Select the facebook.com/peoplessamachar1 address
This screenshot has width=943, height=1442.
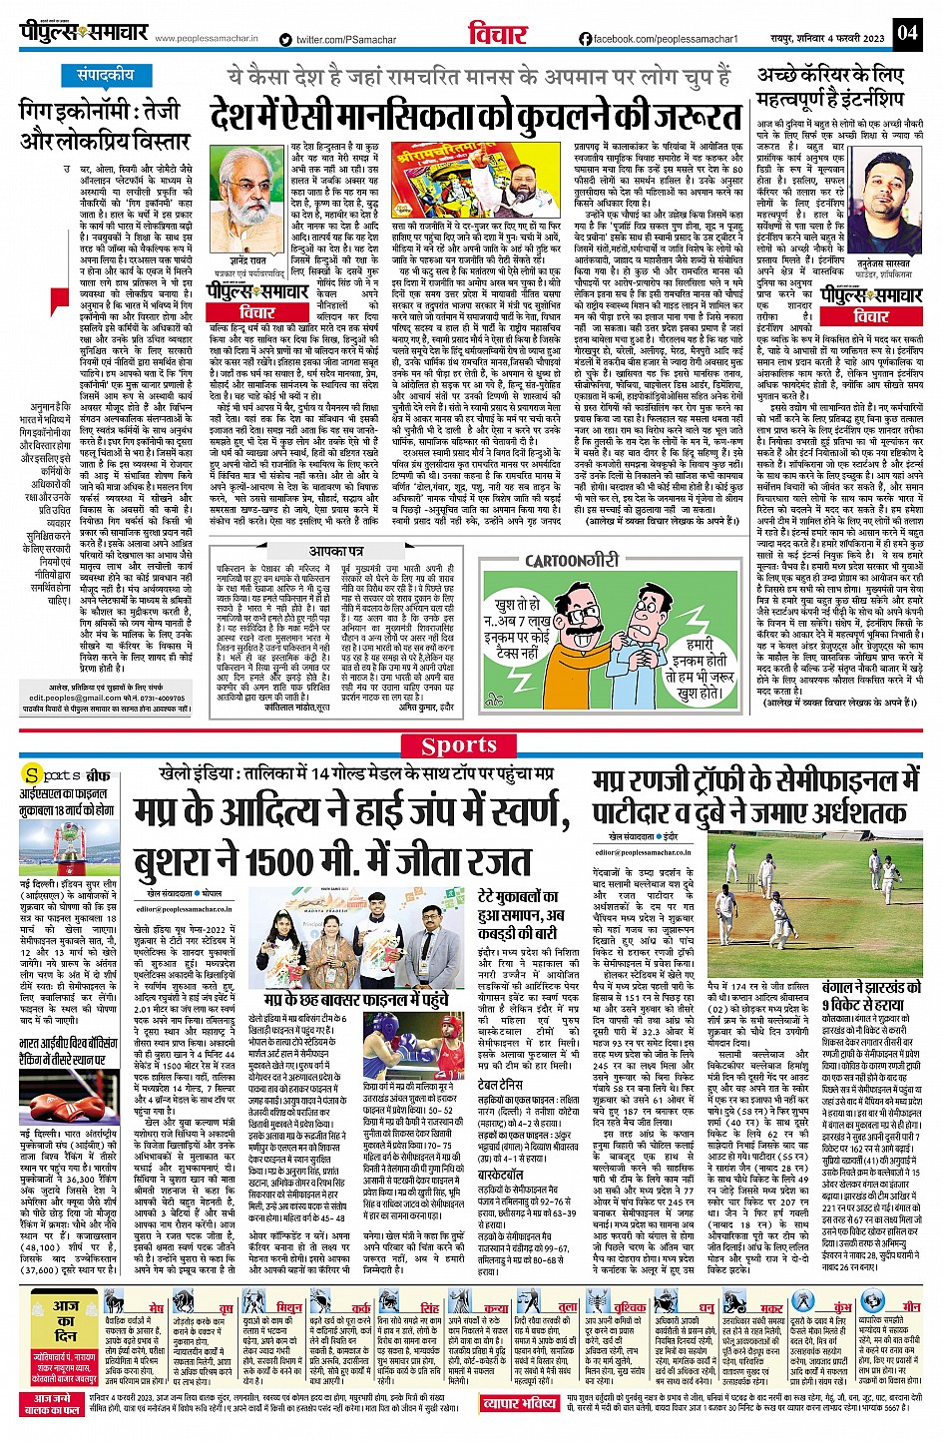[658, 39]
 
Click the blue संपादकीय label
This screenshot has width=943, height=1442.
[105, 75]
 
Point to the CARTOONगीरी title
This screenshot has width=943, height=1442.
[572, 562]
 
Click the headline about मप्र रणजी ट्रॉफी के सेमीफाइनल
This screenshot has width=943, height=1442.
[753, 795]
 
